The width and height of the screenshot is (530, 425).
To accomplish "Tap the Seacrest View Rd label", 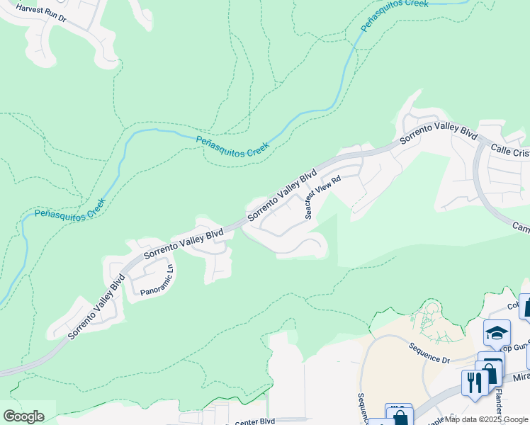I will click(x=323, y=197).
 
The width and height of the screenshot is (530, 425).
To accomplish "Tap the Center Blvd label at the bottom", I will click(x=254, y=421).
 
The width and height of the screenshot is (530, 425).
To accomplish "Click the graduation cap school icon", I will click(x=497, y=333).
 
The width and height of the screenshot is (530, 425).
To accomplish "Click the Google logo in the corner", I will click(x=23, y=416).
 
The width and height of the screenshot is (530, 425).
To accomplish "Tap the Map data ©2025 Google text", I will click(x=486, y=419).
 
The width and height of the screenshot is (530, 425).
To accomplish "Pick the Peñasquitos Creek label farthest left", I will click(x=69, y=208).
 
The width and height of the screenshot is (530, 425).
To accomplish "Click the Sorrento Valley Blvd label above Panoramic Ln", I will click(x=184, y=244).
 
